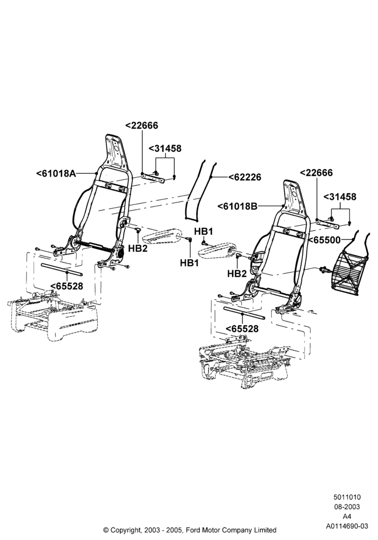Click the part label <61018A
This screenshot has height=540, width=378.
pyautogui.click(x=56, y=173)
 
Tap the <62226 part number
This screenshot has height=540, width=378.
pyautogui.click(x=245, y=177)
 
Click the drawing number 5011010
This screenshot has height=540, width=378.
pyautogui.click(x=347, y=497)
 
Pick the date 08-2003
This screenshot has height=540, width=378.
pyautogui.click(x=347, y=507)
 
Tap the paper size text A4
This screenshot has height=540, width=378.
pyautogui.click(x=347, y=516)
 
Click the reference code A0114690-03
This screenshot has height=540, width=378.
pyautogui.click(x=347, y=526)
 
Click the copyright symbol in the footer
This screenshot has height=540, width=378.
pyautogui.click(x=106, y=530)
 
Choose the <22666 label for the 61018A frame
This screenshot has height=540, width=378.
pyautogui.click(x=141, y=125)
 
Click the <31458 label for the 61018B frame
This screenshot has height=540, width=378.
pyautogui.click(x=340, y=197)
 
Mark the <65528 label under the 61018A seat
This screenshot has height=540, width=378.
pyautogui.click(x=67, y=286)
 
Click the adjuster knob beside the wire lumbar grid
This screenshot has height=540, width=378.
pyautogui.click(x=324, y=269)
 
